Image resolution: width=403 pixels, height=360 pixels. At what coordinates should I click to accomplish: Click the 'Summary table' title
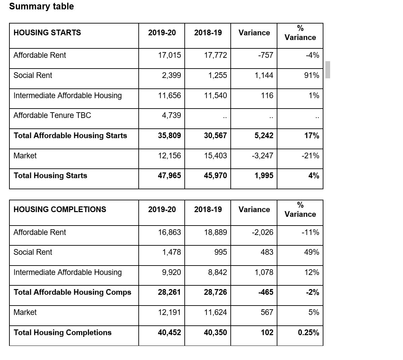(41, 6)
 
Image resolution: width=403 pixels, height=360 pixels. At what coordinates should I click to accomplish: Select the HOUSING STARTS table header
(47, 33)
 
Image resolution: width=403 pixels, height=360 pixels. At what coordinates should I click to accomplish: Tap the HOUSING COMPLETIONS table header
(60, 209)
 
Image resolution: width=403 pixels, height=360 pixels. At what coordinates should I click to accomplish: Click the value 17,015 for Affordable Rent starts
(169, 55)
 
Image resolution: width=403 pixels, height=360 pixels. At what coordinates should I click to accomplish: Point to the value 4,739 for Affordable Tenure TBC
(171, 115)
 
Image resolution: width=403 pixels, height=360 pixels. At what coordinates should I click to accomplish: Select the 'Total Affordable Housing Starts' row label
(70, 135)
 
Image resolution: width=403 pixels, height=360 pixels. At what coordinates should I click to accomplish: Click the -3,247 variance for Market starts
(262, 156)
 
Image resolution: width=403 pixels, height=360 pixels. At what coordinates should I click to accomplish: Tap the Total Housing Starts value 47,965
(169, 175)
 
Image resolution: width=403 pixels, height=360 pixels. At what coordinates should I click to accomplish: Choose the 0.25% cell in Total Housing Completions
(308, 332)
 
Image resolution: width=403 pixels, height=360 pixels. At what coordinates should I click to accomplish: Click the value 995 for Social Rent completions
(220, 252)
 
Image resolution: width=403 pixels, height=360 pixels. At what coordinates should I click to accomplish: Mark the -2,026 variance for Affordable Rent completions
(262, 232)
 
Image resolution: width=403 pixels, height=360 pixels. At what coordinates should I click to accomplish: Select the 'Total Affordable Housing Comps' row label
(72, 292)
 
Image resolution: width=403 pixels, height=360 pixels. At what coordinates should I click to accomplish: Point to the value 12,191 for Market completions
(169, 312)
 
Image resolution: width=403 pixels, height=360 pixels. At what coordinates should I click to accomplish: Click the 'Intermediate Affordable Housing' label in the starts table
(68, 95)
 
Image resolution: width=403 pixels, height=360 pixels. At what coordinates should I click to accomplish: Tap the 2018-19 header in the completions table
(208, 209)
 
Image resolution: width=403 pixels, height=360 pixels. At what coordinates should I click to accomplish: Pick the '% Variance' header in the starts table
(300, 33)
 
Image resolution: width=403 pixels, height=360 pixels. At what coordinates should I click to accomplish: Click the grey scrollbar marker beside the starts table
(328, 70)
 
